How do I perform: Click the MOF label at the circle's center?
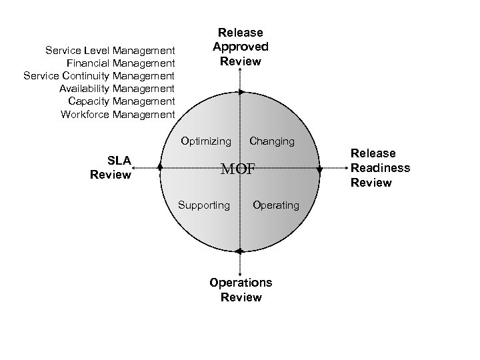tap(238, 169)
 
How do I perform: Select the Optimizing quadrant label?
tap(206, 141)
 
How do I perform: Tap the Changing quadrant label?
tap(271, 141)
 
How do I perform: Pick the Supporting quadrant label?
tap(203, 205)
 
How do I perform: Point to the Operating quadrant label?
tap(276, 205)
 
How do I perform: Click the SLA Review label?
tap(111, 167)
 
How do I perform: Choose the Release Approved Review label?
tap(240, 47)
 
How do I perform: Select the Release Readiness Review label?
tap(381, 168)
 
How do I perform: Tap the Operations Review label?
tap(241, 290)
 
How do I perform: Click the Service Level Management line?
tap(110, 50)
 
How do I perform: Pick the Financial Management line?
tap(121, 63)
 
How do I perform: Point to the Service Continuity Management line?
tap(99, 76)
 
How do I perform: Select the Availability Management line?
tap(117, 89)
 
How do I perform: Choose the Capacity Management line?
tap(122, 101)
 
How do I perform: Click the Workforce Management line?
tap(118, 114)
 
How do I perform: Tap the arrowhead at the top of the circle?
tap(241, 92)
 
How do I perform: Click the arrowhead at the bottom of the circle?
tap(239, 251)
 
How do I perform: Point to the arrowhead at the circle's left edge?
tap(160, 168)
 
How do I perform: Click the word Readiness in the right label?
tap(381, 168)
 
